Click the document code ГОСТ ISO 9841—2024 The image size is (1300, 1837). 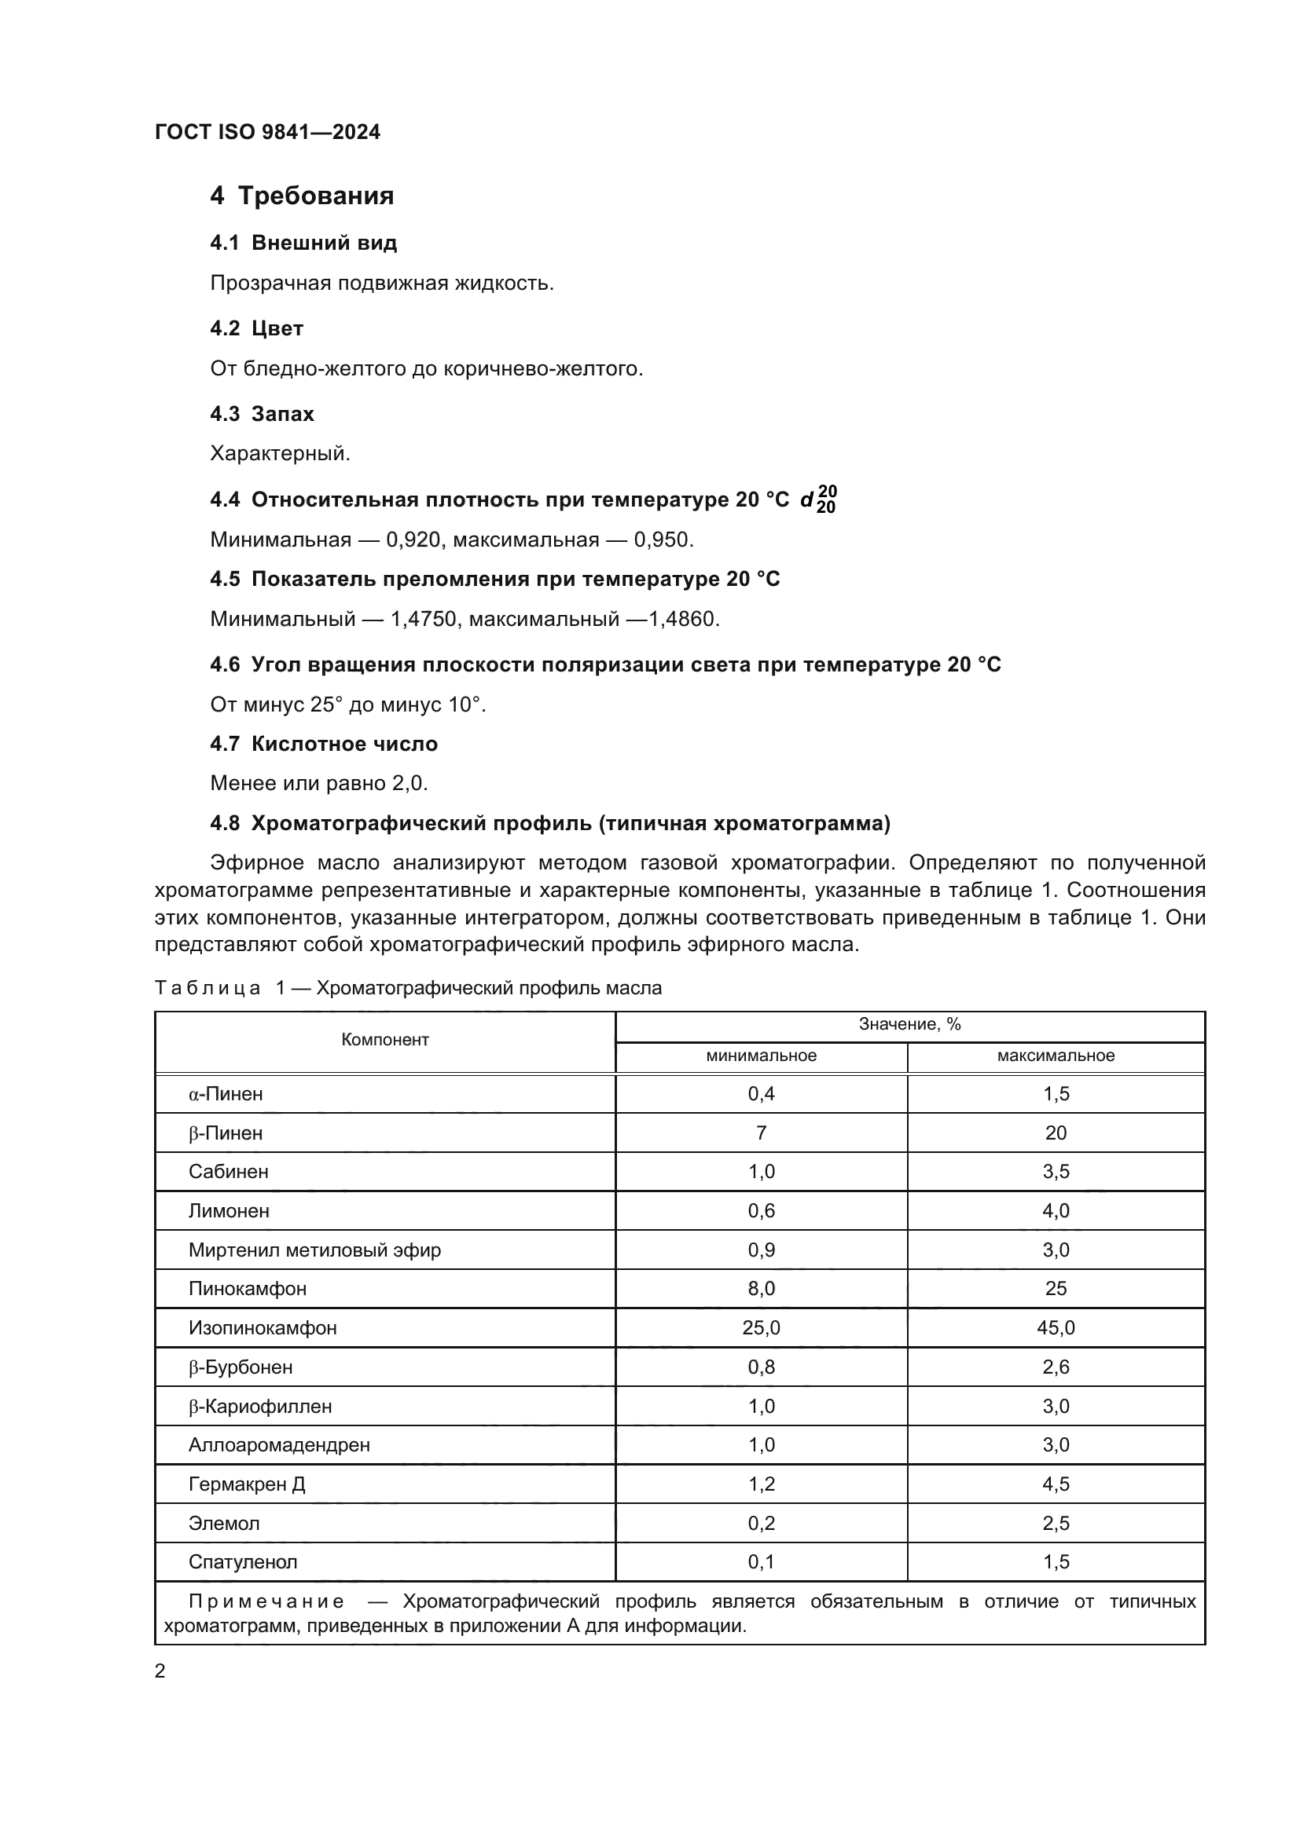coord(267,132)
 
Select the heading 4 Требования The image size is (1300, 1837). coord(302,196)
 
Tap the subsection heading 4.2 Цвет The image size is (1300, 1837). coord(256,328)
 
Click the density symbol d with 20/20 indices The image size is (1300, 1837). coord(818,500)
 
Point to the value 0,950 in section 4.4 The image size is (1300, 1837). coord(663,540)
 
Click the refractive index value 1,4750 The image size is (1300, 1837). coord(424,619)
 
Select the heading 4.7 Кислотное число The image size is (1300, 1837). coord(323,744)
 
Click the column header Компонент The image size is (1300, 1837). coord(385,1040)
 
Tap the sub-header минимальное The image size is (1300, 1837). coord(762,1056)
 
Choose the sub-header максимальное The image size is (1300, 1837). coord(1056,1056)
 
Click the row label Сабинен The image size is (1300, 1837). coord(229,1172)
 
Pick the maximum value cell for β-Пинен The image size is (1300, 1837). coord(1056,1133)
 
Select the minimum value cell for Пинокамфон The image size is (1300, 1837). coord(762,1289)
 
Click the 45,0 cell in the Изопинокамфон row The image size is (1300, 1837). coord(1056,1328)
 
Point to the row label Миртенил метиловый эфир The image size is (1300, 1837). coord(314,1250)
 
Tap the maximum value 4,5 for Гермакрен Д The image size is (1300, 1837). coord(1056,1484)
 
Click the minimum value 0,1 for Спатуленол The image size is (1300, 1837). coord(762,1562)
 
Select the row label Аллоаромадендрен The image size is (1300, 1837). coord(279,1445)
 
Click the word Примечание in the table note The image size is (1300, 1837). coord(266,1601)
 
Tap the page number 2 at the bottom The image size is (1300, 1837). coord(160,1671)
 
